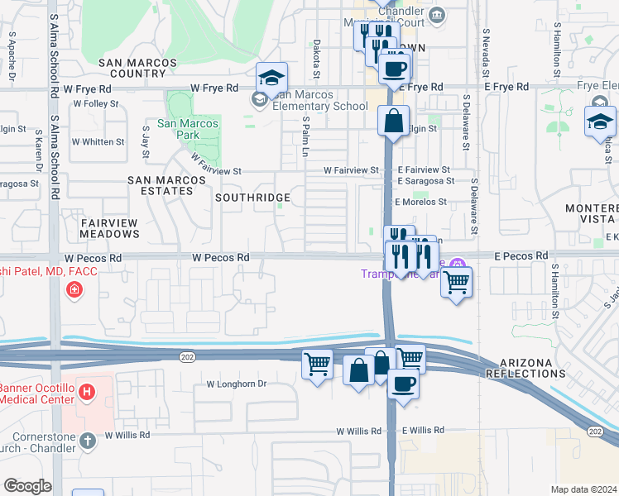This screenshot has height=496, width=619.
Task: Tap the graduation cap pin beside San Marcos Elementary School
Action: (x=271, y=79)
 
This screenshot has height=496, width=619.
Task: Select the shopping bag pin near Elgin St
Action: (x=394, y=121)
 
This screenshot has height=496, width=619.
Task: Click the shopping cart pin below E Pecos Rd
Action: (x=456, y=283)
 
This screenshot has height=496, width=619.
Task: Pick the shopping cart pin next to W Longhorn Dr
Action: (x=318, y=364)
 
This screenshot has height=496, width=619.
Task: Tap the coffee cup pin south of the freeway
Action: (x=403, y=384)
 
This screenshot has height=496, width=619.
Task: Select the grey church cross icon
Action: (x=88, y=441)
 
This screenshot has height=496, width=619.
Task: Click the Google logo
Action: (x=27, y=486)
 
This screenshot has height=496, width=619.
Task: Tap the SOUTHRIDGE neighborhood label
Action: (x=252, y=198)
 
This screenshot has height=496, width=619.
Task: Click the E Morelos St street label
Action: (x=420, y=202)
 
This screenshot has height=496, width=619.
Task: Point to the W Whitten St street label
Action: (x=98, y=142)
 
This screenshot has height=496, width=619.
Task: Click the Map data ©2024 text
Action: (x=583, y=489)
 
